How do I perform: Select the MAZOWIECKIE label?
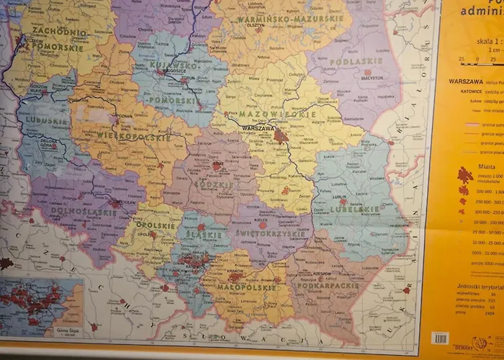click(x=277, y=114)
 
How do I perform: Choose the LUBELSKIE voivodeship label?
click(x=355, y=210)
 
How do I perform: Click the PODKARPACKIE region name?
click(x=328, y=285)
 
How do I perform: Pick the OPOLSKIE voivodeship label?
click(x=156, y=225)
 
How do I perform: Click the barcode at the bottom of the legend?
click(x=439, y=338)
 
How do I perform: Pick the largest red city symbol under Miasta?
click(x=465, y=175)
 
